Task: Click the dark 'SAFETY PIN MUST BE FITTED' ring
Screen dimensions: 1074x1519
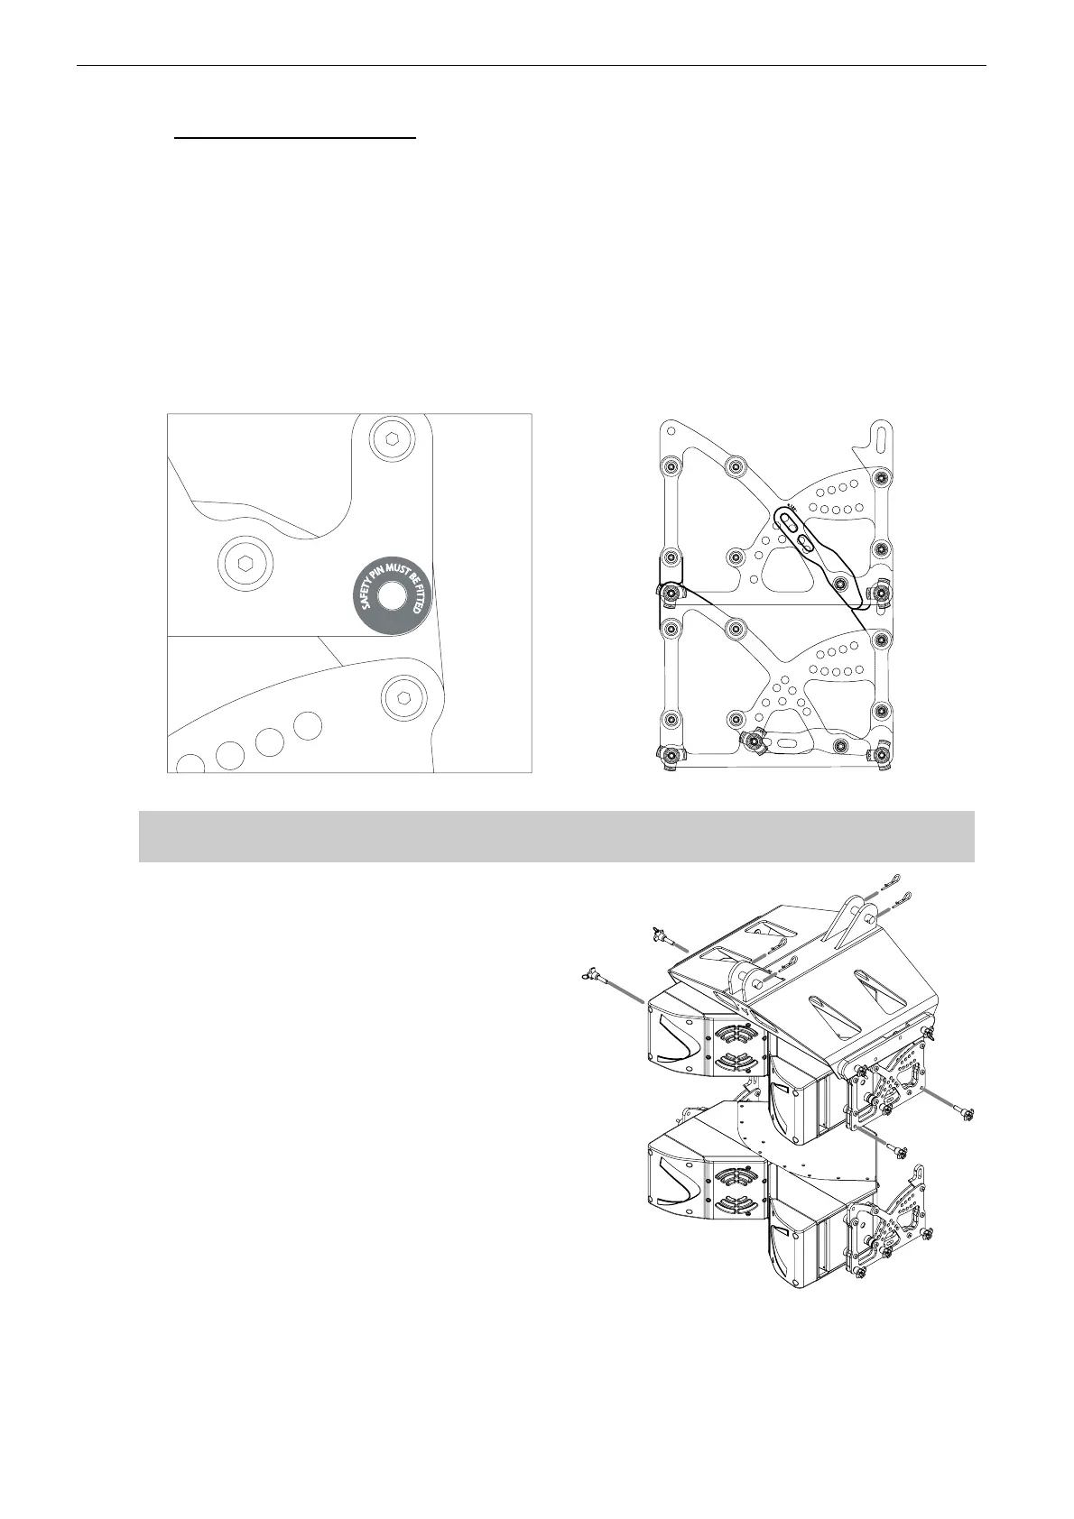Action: click(392, 596)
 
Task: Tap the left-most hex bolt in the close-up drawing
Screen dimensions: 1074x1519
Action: click(244, 564)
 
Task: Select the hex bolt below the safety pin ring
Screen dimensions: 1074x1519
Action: click(403, 695)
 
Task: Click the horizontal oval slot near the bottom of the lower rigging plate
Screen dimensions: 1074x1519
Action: click(791, 743)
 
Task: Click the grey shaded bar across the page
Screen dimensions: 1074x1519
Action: click(556, 836)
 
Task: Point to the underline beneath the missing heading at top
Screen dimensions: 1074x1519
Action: click(295, 139)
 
